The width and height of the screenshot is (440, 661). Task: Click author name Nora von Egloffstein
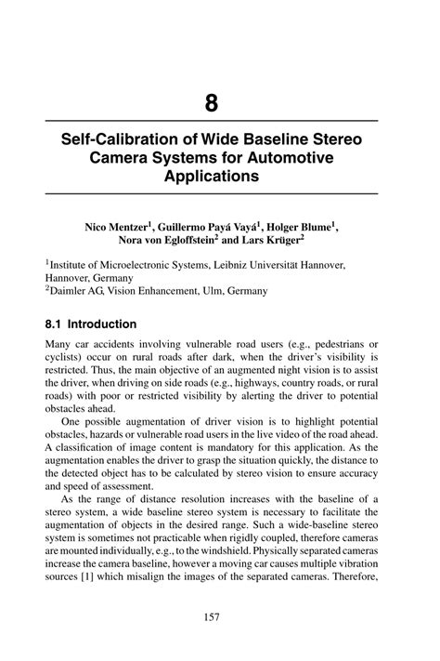click(173, 241)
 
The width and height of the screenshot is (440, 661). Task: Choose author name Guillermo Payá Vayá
click(205, 226)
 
